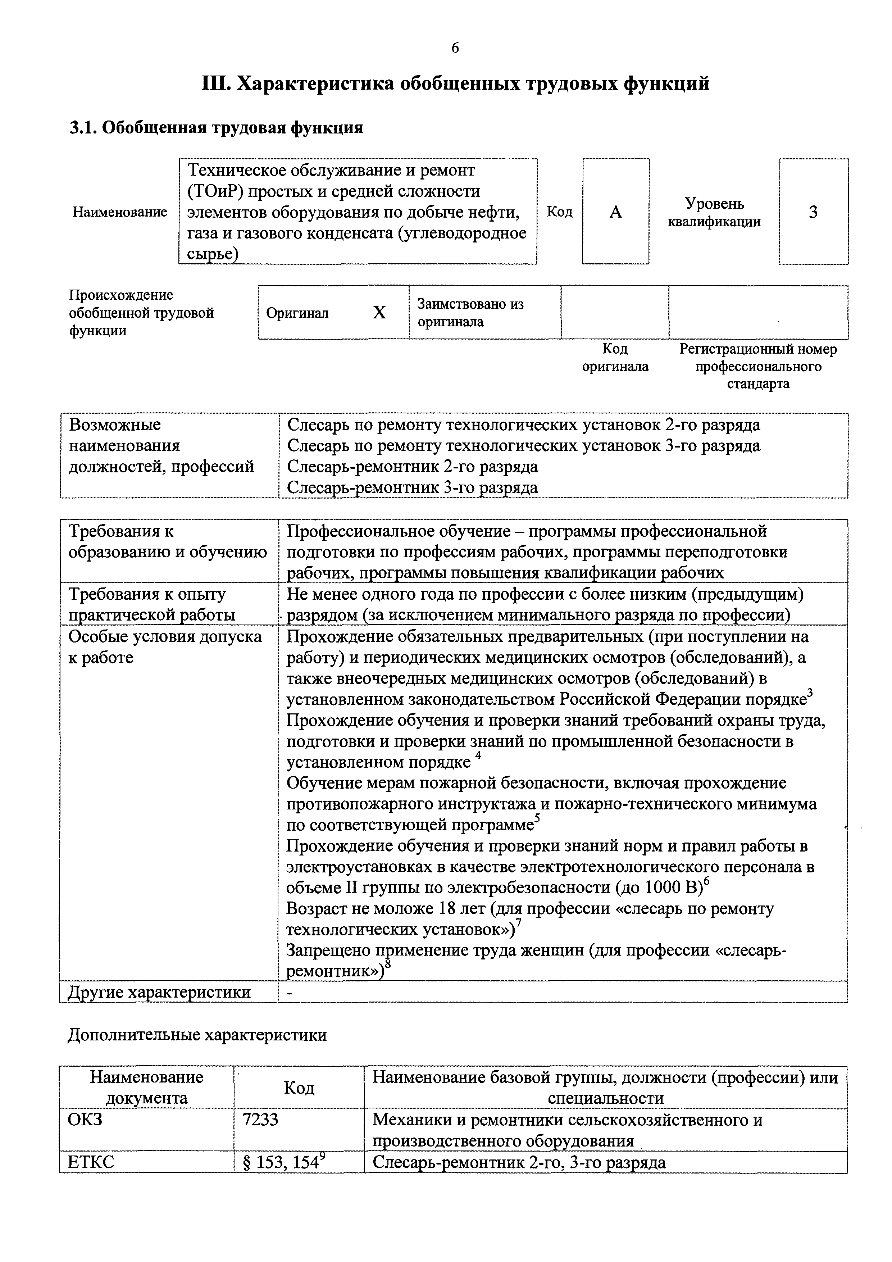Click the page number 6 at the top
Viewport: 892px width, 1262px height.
pyautogui.click(x=455, y=48)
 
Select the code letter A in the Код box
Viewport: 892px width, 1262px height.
pyautogui.click(x=615, y=212)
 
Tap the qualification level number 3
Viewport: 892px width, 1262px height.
pyautogui.click(x=813, y=212)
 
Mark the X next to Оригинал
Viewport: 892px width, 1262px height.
pyautogui.click(x=379, y=313)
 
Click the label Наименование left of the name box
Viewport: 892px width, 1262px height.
pyautogui.click(x=120, y=212)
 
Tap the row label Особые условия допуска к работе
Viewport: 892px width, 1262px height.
pyautogui.click(x=165, y=647)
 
